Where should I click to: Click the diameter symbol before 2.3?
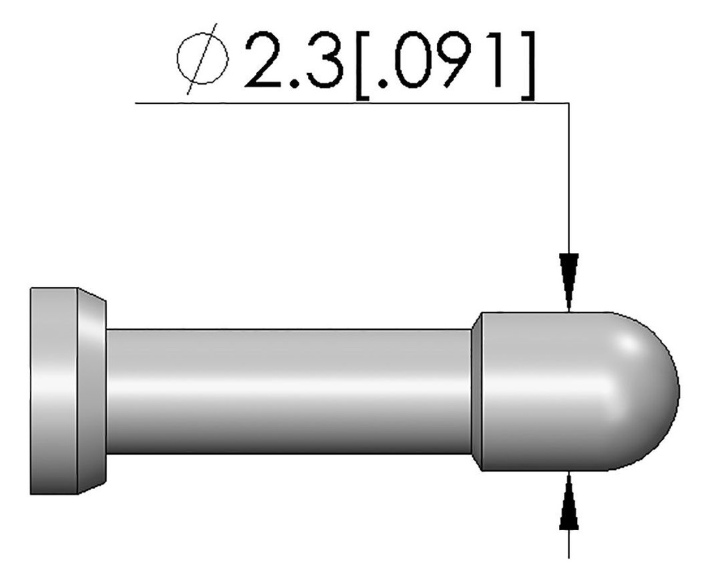pyautogui.click(x=202, y=60)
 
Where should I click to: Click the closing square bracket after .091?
pyautogui.click(x=526, y=62)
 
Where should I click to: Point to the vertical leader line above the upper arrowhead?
pyautogui.click(x=569, y=180)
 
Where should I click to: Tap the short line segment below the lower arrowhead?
pyautogui.click(x=569, y=544)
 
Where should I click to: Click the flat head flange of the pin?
pyautogui.click(x=53, y=391)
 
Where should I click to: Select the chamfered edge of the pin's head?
pyautogui.click(x=92, y=391)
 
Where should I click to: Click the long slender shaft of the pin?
pyautogui.click(x=288, y=391)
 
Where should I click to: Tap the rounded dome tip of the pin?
pyautogui.click(x=652, y=391)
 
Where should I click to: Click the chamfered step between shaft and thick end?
pyautogui.click(x=476, y=391)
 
